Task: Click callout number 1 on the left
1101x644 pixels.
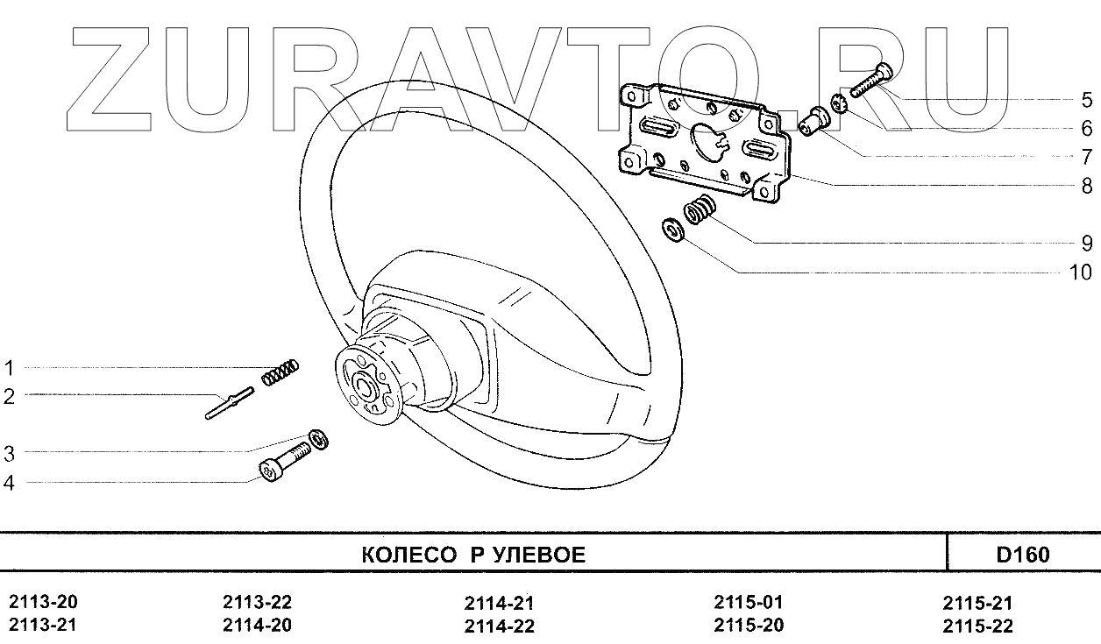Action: click(9, 368)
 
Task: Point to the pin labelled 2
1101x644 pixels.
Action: click(230, 403)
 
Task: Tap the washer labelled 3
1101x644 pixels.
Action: click(318, 439)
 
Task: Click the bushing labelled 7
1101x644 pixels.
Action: click(813, 121)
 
